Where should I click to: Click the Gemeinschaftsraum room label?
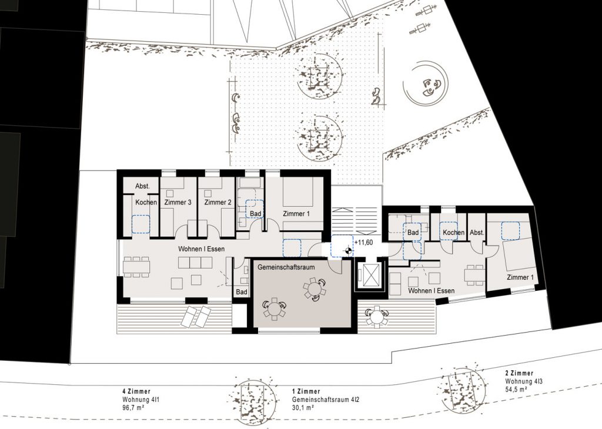(x=286, y=267)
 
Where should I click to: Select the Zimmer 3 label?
(x=178, y=202)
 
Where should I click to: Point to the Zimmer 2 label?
(x=218, y=202)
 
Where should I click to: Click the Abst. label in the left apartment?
(x=142, y=186)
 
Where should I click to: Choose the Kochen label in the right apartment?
(x=453, y=233)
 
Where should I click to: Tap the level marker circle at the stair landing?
(x=348, y=252)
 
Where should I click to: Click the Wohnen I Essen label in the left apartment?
(x=201, y=249)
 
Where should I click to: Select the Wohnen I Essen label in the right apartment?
(x=431, y=291)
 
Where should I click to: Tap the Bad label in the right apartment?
(x=413, y=233)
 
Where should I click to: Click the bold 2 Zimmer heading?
(x=520, y=373)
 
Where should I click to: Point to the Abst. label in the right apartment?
(x=477, y=233)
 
